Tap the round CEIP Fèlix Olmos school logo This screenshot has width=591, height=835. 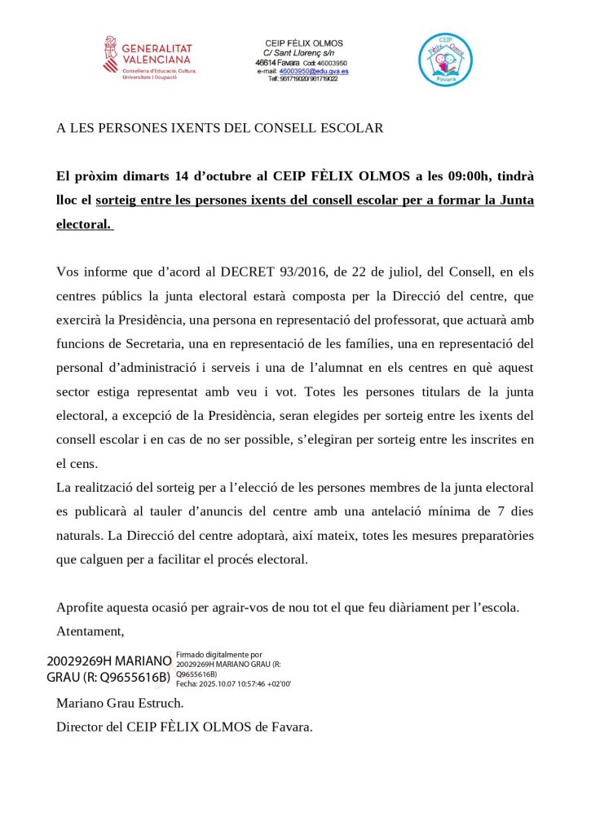click(445, 60)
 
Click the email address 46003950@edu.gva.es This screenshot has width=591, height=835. click(314, 71)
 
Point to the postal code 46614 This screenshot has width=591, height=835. click(267, 62)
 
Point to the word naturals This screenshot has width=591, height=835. click(80, 536)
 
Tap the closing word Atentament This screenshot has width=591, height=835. click(90, 631)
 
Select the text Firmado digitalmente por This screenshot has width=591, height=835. click(219, 654)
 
